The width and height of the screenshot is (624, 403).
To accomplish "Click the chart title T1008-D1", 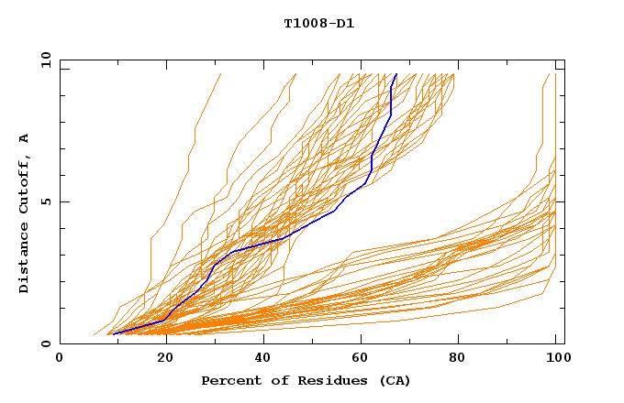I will point(318,23).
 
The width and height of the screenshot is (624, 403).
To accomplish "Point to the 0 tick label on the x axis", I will point(61,358).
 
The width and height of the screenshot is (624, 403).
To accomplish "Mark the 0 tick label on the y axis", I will point(45,344).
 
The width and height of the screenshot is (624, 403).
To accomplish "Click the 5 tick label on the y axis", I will point(45,201).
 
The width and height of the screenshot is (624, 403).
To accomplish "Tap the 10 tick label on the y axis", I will point(42,60).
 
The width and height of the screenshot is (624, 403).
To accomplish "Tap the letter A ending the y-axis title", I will point(25,137).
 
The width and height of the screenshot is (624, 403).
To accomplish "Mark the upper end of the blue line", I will point(396,74).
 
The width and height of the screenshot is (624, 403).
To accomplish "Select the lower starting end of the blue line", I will point(112,333).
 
